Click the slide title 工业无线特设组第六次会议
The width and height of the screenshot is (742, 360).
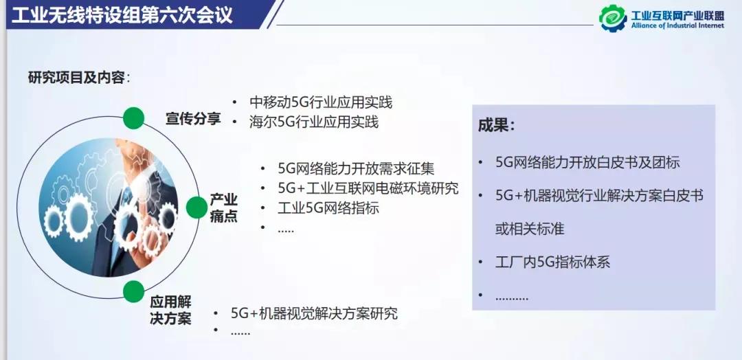tap(122, 14)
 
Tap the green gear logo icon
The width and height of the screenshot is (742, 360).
tap(613, 17)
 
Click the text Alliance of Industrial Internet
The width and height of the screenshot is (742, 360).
tap(677, 26)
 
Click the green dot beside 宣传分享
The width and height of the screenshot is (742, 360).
tap(134, 117)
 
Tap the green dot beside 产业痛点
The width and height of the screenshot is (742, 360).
tap(197, 207)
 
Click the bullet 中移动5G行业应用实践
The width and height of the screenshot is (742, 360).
tap(321, 102)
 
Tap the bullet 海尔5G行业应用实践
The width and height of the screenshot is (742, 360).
tap(314, 122)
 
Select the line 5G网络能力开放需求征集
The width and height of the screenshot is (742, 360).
tap(356, 168)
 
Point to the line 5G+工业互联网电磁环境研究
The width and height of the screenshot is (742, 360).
tap(368, 188)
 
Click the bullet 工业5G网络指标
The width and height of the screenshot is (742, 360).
tap(328, 207)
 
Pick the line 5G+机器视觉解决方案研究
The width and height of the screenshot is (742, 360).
tap(314, 313)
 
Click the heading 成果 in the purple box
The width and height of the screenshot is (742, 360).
tap(497, 126)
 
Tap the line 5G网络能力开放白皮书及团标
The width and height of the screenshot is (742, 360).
tap(587, 163)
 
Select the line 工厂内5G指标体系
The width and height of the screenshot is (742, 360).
tap(552, 262)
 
